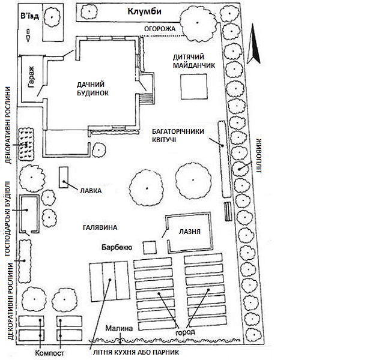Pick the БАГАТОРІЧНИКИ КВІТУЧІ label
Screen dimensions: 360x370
coord(177,135)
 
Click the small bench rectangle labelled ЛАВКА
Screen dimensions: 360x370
coord(63,175)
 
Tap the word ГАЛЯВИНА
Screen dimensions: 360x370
coord(100,227)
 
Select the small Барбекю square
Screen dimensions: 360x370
coord(150,247)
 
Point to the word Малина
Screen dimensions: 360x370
coord(117,329)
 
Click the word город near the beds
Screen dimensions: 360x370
coord(186,332)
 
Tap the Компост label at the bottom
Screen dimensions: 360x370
coord(50,353)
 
